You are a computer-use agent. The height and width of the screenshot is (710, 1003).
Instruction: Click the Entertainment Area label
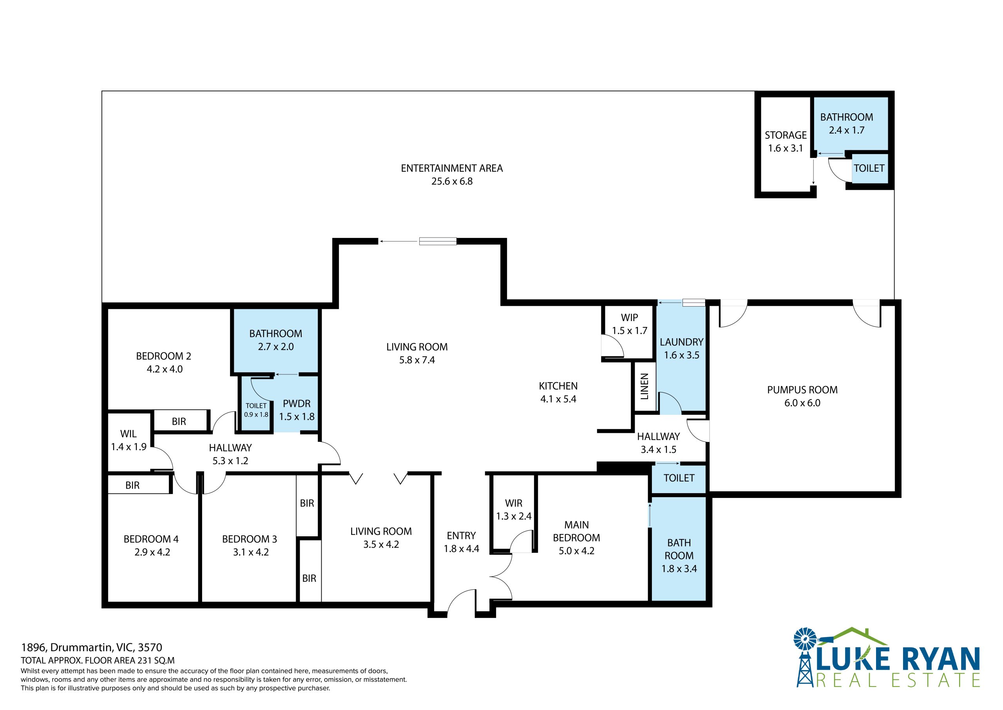click(x=452, y=168)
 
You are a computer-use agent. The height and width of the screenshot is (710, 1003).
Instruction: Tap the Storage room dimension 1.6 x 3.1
click(x=786, y=148)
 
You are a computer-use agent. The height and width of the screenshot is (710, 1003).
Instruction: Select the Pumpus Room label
click(x=802, y=390)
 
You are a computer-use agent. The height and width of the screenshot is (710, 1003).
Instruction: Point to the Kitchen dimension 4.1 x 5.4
click(x=558, y=399)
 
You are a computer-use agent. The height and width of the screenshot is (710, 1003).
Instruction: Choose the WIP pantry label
click(x=630, y=318)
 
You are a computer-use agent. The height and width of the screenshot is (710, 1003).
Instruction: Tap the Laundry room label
click(x=681, y=342)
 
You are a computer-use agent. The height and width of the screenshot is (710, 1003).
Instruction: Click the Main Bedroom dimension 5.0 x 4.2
click(x=577, y=551)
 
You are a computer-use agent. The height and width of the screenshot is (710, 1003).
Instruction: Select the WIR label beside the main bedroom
click(x=514, y=503)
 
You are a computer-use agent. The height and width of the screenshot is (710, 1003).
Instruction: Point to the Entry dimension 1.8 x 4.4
click(x=461, y=549)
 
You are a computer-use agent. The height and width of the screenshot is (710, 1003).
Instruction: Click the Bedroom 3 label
click(x=250, y=539)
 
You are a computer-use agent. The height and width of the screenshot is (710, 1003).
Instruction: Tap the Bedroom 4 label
click(x=151, y=539)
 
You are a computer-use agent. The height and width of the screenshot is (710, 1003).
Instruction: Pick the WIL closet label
click(x=129, y=434)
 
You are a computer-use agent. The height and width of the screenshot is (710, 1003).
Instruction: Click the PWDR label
click(x=297, y=403)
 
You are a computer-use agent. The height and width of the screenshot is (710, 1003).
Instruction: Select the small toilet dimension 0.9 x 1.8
click(x=256, y=414)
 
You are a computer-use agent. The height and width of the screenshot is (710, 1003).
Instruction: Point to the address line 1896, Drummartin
click(x=91, y=648)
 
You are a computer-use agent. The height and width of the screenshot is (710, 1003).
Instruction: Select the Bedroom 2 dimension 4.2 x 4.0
click(x=165, y=369)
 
